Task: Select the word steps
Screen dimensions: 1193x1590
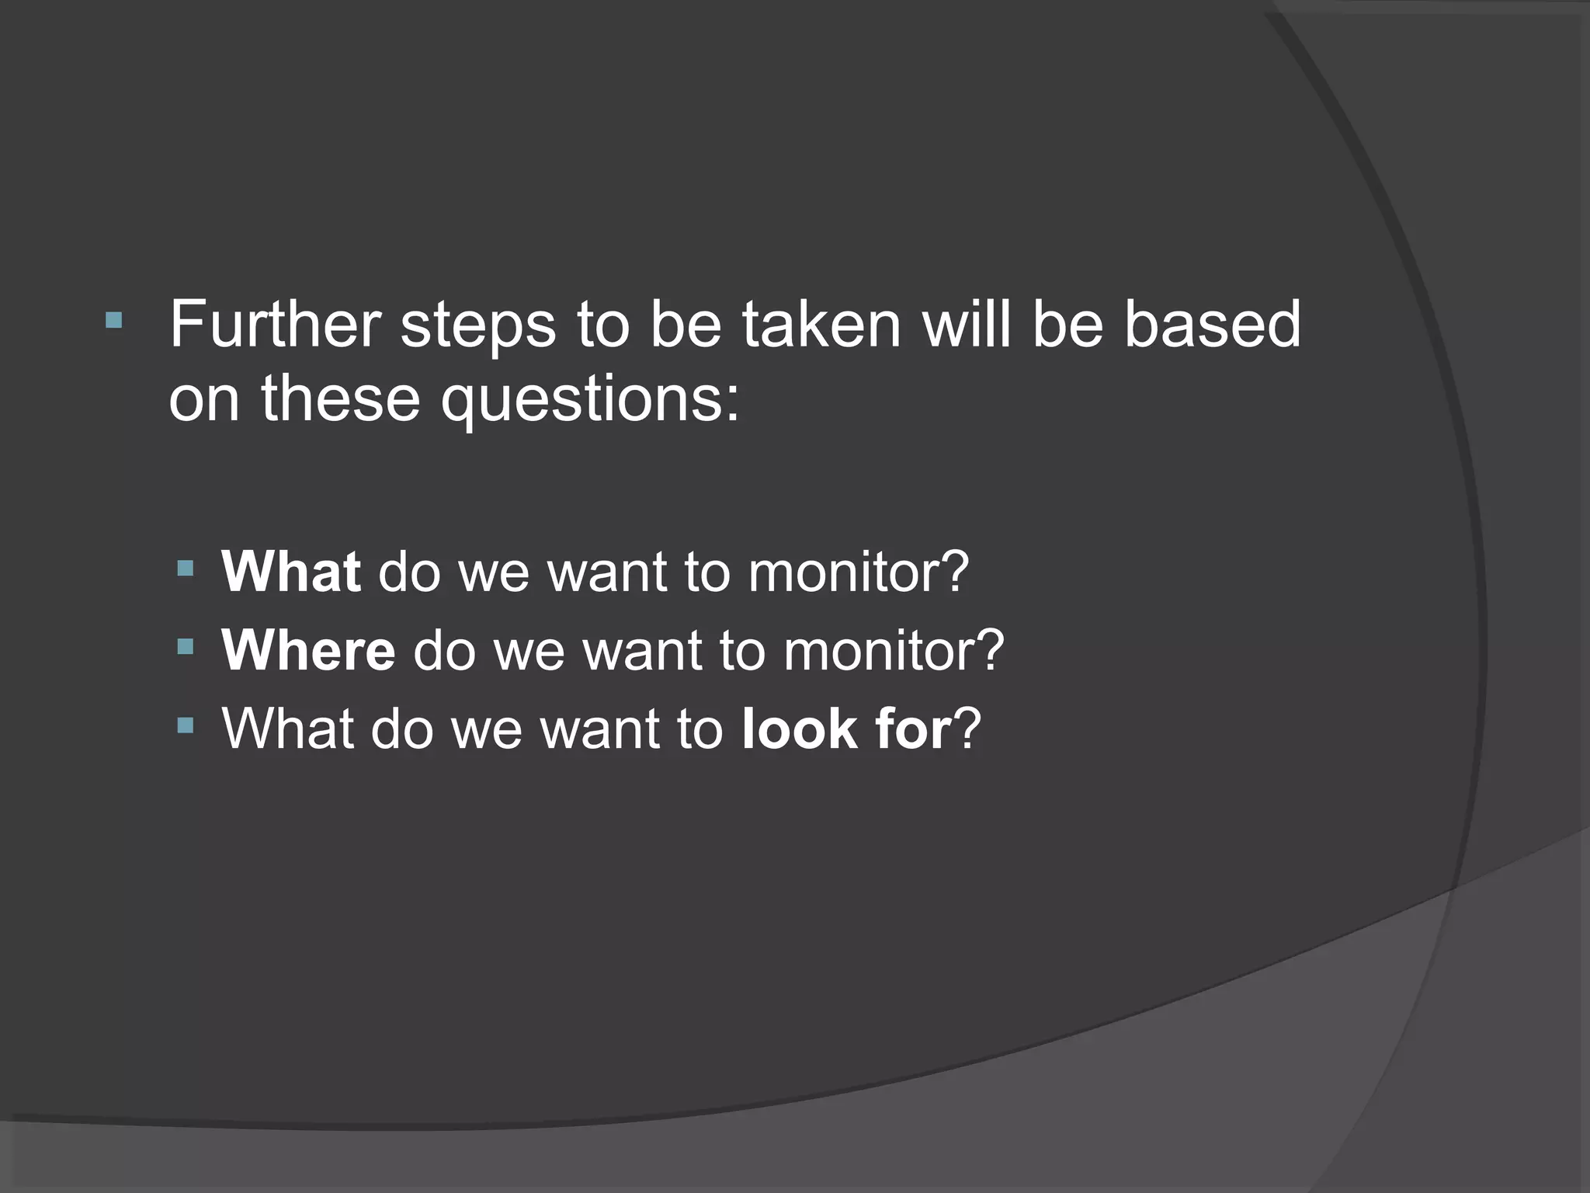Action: pos(478,325)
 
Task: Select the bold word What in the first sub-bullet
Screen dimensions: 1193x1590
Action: pos(290,572)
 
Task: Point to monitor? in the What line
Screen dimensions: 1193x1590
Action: pos(859,572)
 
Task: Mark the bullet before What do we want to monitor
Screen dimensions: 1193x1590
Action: pos(185,569)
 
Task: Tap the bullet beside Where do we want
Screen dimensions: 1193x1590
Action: pos(185,646)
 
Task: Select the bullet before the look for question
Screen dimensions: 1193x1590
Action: pos(185,725)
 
